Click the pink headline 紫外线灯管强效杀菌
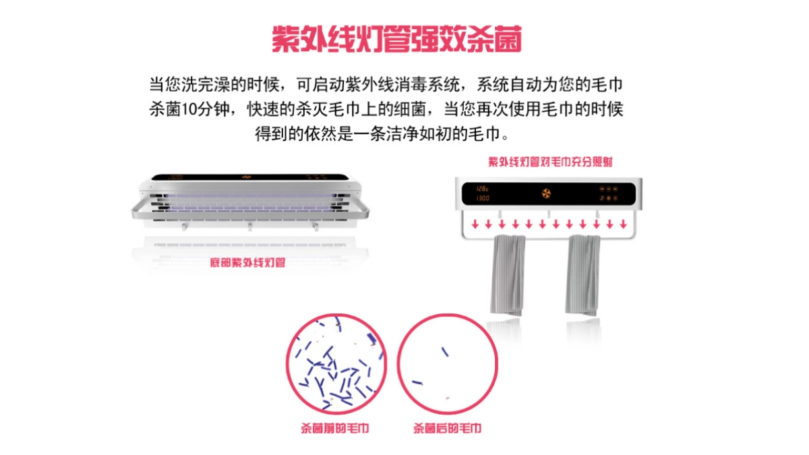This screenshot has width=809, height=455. click(397, 40)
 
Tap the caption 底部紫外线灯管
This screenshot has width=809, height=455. click(247, 262)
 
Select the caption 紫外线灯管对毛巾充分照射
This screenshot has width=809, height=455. click(550, 162)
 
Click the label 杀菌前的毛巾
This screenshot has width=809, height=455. click(334, 428)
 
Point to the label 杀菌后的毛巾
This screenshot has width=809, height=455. click(447, 428)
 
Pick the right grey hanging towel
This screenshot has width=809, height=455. click(583, 274)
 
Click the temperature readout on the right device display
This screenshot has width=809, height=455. click(483, 188)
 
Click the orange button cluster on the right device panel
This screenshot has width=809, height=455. click(609, 193)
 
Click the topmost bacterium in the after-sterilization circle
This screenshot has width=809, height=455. click(446, 351)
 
